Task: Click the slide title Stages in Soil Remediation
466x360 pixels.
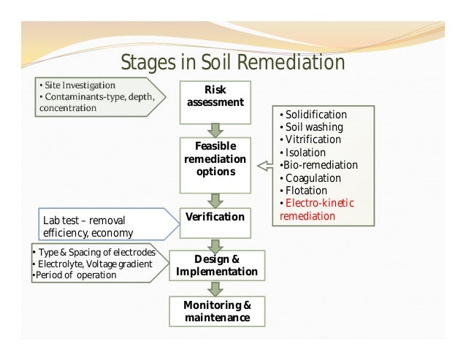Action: pyautogui.click(x=232, y=63)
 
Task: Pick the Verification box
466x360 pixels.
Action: pyautogui.click(x=215, y=218)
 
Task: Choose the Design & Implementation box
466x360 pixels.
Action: pyautogui.click(x=216, y=266)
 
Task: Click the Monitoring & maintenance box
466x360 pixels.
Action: pyautogui.click(x=216, y=311)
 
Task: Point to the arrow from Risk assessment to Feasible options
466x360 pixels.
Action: pyautogui.click(x=215, y=130)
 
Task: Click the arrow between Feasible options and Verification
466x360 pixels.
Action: pyautogui.click(x=215, y=199)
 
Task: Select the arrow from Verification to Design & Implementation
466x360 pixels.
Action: pyautogui.click(x=215, y=243)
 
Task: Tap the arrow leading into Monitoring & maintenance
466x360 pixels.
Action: pyautogui.click(x=215, y=288)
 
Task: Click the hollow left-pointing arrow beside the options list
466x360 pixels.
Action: pyautogui.click(x=264, y=168)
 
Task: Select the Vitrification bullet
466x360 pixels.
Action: pyautogui.click(x=313, y=139)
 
